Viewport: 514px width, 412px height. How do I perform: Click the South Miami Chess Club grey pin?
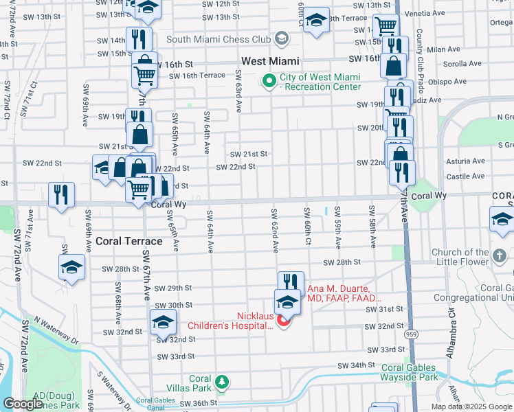click(281, 38)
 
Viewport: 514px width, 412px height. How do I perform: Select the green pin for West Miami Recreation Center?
click(269, 82)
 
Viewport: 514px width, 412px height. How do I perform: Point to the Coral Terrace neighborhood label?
click(128, 241)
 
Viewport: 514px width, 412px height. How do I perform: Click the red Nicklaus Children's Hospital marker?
click(282, 320)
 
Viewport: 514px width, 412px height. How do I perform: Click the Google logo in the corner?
click(23, 403)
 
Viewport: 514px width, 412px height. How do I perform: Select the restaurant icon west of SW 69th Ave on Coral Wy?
click(61, 195)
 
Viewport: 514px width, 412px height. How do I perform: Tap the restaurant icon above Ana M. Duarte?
click(291, 282)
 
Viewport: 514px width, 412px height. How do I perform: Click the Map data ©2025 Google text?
click(471, 406)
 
